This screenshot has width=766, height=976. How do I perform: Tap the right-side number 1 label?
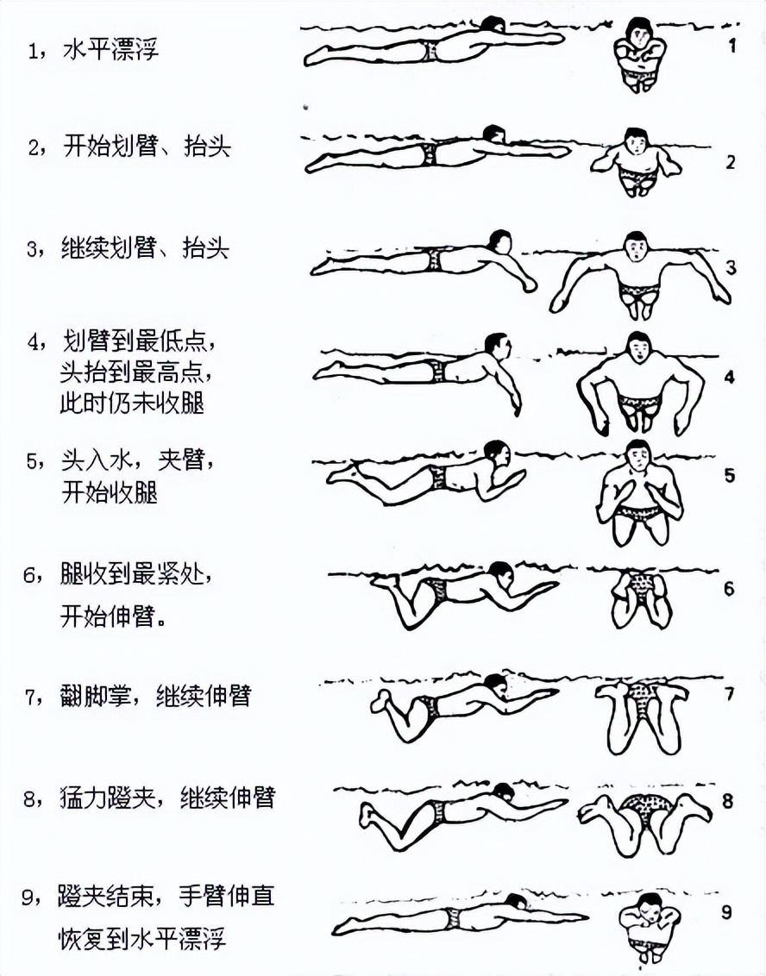[x=731, y=46]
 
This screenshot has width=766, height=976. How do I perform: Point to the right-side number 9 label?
[x=726, y=910]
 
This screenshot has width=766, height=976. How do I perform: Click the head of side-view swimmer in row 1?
[x=493, y=27]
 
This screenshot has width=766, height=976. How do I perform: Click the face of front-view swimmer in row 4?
[x=637, y=349]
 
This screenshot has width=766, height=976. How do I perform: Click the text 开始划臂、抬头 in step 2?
[x=147, y=146]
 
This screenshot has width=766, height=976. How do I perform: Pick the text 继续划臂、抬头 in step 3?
[x=145, y=249]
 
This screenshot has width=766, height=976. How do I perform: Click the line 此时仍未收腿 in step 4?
[x=132, y=403]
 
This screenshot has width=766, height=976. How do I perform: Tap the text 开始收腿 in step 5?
[x=109, y=492]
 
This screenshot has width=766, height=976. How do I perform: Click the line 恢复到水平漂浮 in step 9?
[x=142, y=938]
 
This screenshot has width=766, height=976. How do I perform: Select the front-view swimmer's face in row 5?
[x=637, y=457]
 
